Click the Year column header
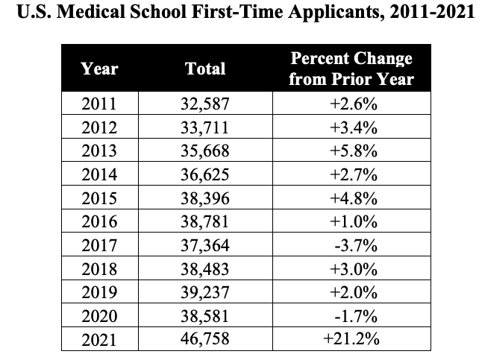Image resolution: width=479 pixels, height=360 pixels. (x=99, y=69)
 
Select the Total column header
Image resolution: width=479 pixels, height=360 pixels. (x=205, y=69)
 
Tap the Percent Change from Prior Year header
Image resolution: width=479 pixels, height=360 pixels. (x=351, y=69)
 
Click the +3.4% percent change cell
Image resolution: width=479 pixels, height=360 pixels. (x=351, y=127)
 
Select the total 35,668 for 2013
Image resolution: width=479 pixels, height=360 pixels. (x=205, y=151)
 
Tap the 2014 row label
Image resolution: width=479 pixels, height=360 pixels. (x=99, y=175)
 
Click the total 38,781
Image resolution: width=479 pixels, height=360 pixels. (x=205, y=222)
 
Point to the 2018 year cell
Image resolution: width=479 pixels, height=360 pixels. (x=99, y=269)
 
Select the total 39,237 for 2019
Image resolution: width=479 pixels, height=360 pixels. (x=205, y=293)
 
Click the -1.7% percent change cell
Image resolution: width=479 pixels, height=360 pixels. (x=351, y=317)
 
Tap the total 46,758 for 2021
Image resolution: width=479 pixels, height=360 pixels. (x=205, y=340)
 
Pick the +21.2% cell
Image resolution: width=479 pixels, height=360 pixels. (x=351, y=340)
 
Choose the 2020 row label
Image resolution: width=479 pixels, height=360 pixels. (x=99, y=317)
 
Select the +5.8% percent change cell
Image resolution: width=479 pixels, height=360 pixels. (x=351, y=151)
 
